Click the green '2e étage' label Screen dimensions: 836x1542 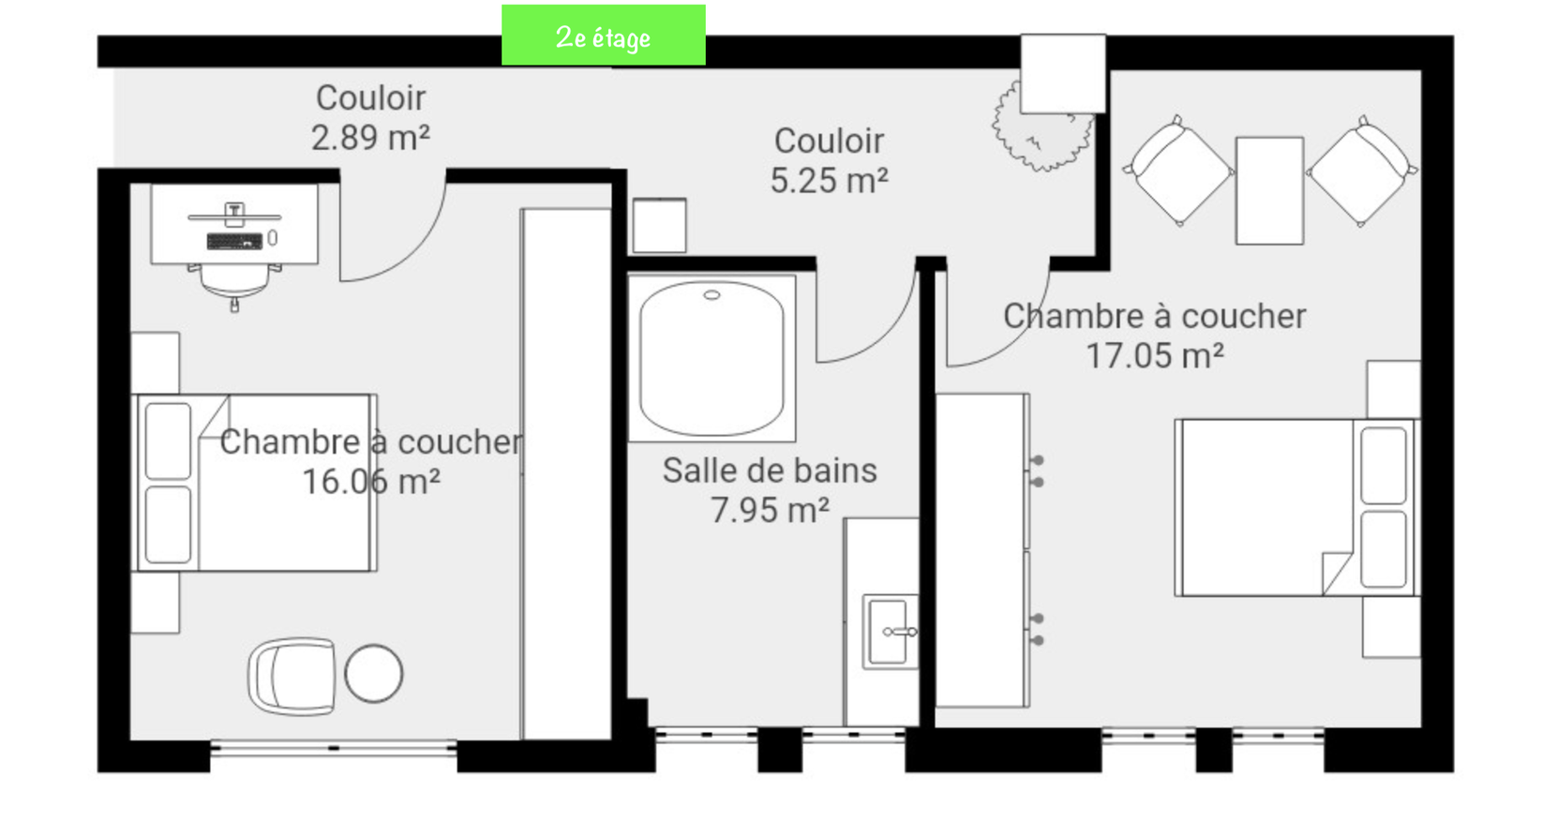(603, 36)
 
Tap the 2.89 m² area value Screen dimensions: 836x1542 (370, 138)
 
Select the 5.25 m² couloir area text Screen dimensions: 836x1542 (829, 180)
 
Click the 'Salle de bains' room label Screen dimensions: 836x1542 (770, 470)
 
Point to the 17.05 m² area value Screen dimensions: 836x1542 (1154, 355)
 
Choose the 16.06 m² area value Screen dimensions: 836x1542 (370, 481)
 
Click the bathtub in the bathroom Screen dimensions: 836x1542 (711, 358)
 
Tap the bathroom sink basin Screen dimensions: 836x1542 (889, 632)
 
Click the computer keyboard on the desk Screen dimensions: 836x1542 (234, 242)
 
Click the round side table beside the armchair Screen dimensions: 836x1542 (373, 673)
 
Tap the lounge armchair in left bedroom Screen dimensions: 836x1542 (292, 676)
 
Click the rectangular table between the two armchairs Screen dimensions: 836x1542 (1269, 190)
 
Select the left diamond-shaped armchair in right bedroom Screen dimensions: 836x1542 (1177, 172)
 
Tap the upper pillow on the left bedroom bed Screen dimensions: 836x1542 (169, 440)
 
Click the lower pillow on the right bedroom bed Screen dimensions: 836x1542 (1383, 547)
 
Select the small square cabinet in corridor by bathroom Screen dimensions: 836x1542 (659, 225)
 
